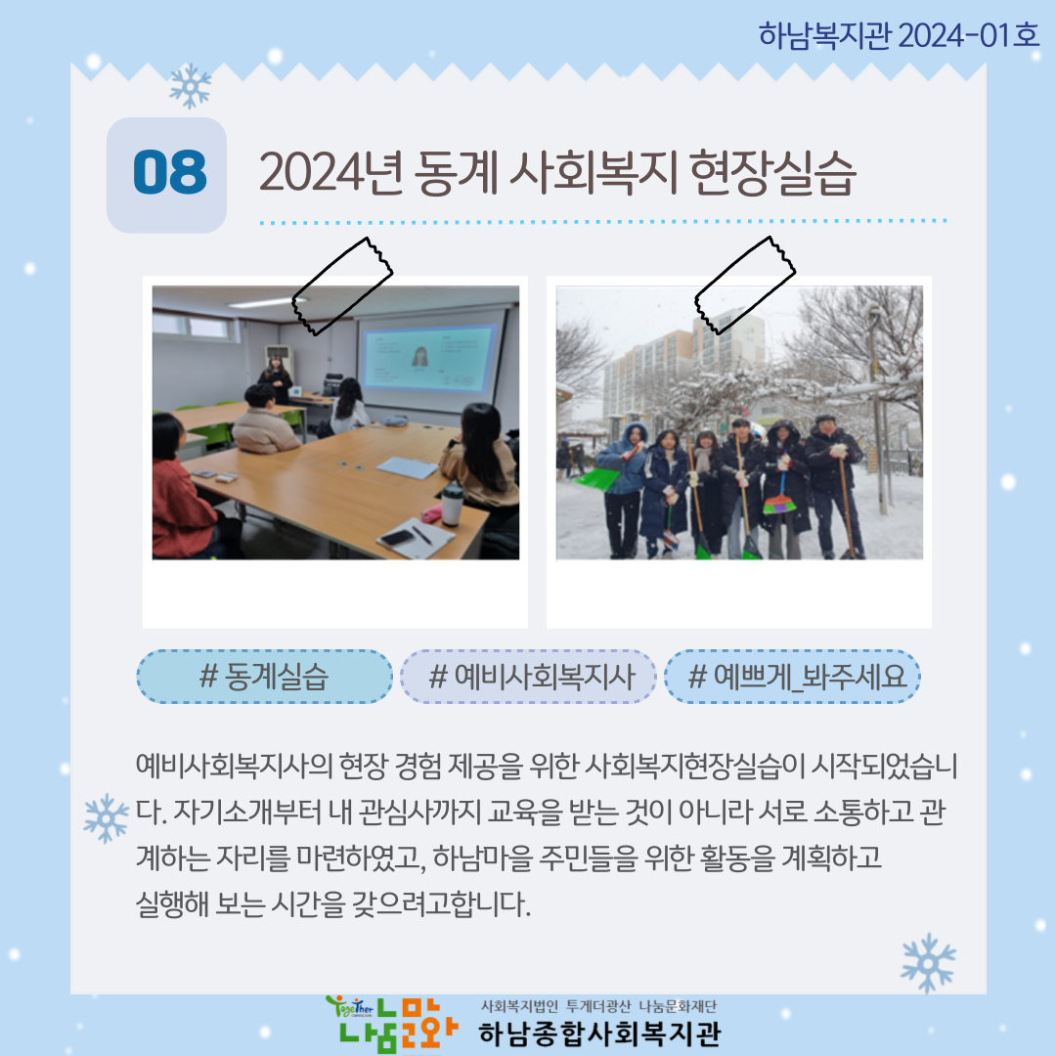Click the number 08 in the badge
point(170,172)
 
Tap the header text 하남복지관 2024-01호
point(900,35)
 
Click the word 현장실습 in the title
point(772,173)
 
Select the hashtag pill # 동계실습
point(264,677)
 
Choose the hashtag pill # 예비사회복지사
point(528,677)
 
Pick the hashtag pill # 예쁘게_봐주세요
point(792,677)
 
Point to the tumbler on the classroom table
point(452,504)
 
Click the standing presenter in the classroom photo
point(276,379)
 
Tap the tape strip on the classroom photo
point(342,286)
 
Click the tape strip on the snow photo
point(745,285)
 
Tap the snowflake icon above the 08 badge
point(191,86)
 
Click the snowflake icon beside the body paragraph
point(106,818)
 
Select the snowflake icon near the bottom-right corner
point(928,963)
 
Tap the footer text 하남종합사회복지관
point(599,1034)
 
